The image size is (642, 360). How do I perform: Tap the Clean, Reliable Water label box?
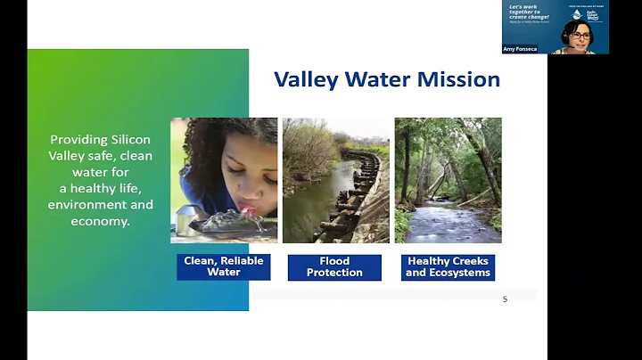click(224, 266)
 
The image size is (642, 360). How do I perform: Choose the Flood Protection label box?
click(334, 266)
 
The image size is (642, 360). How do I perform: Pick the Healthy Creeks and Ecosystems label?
click(448, 266)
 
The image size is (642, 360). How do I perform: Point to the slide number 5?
click(505, 299)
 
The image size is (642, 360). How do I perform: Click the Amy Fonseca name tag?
click(522, 49)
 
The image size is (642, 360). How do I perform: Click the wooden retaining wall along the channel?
click(357, 192)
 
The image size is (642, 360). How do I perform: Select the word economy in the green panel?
click(100, 220)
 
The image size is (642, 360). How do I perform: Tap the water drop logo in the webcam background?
click(578, 14)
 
